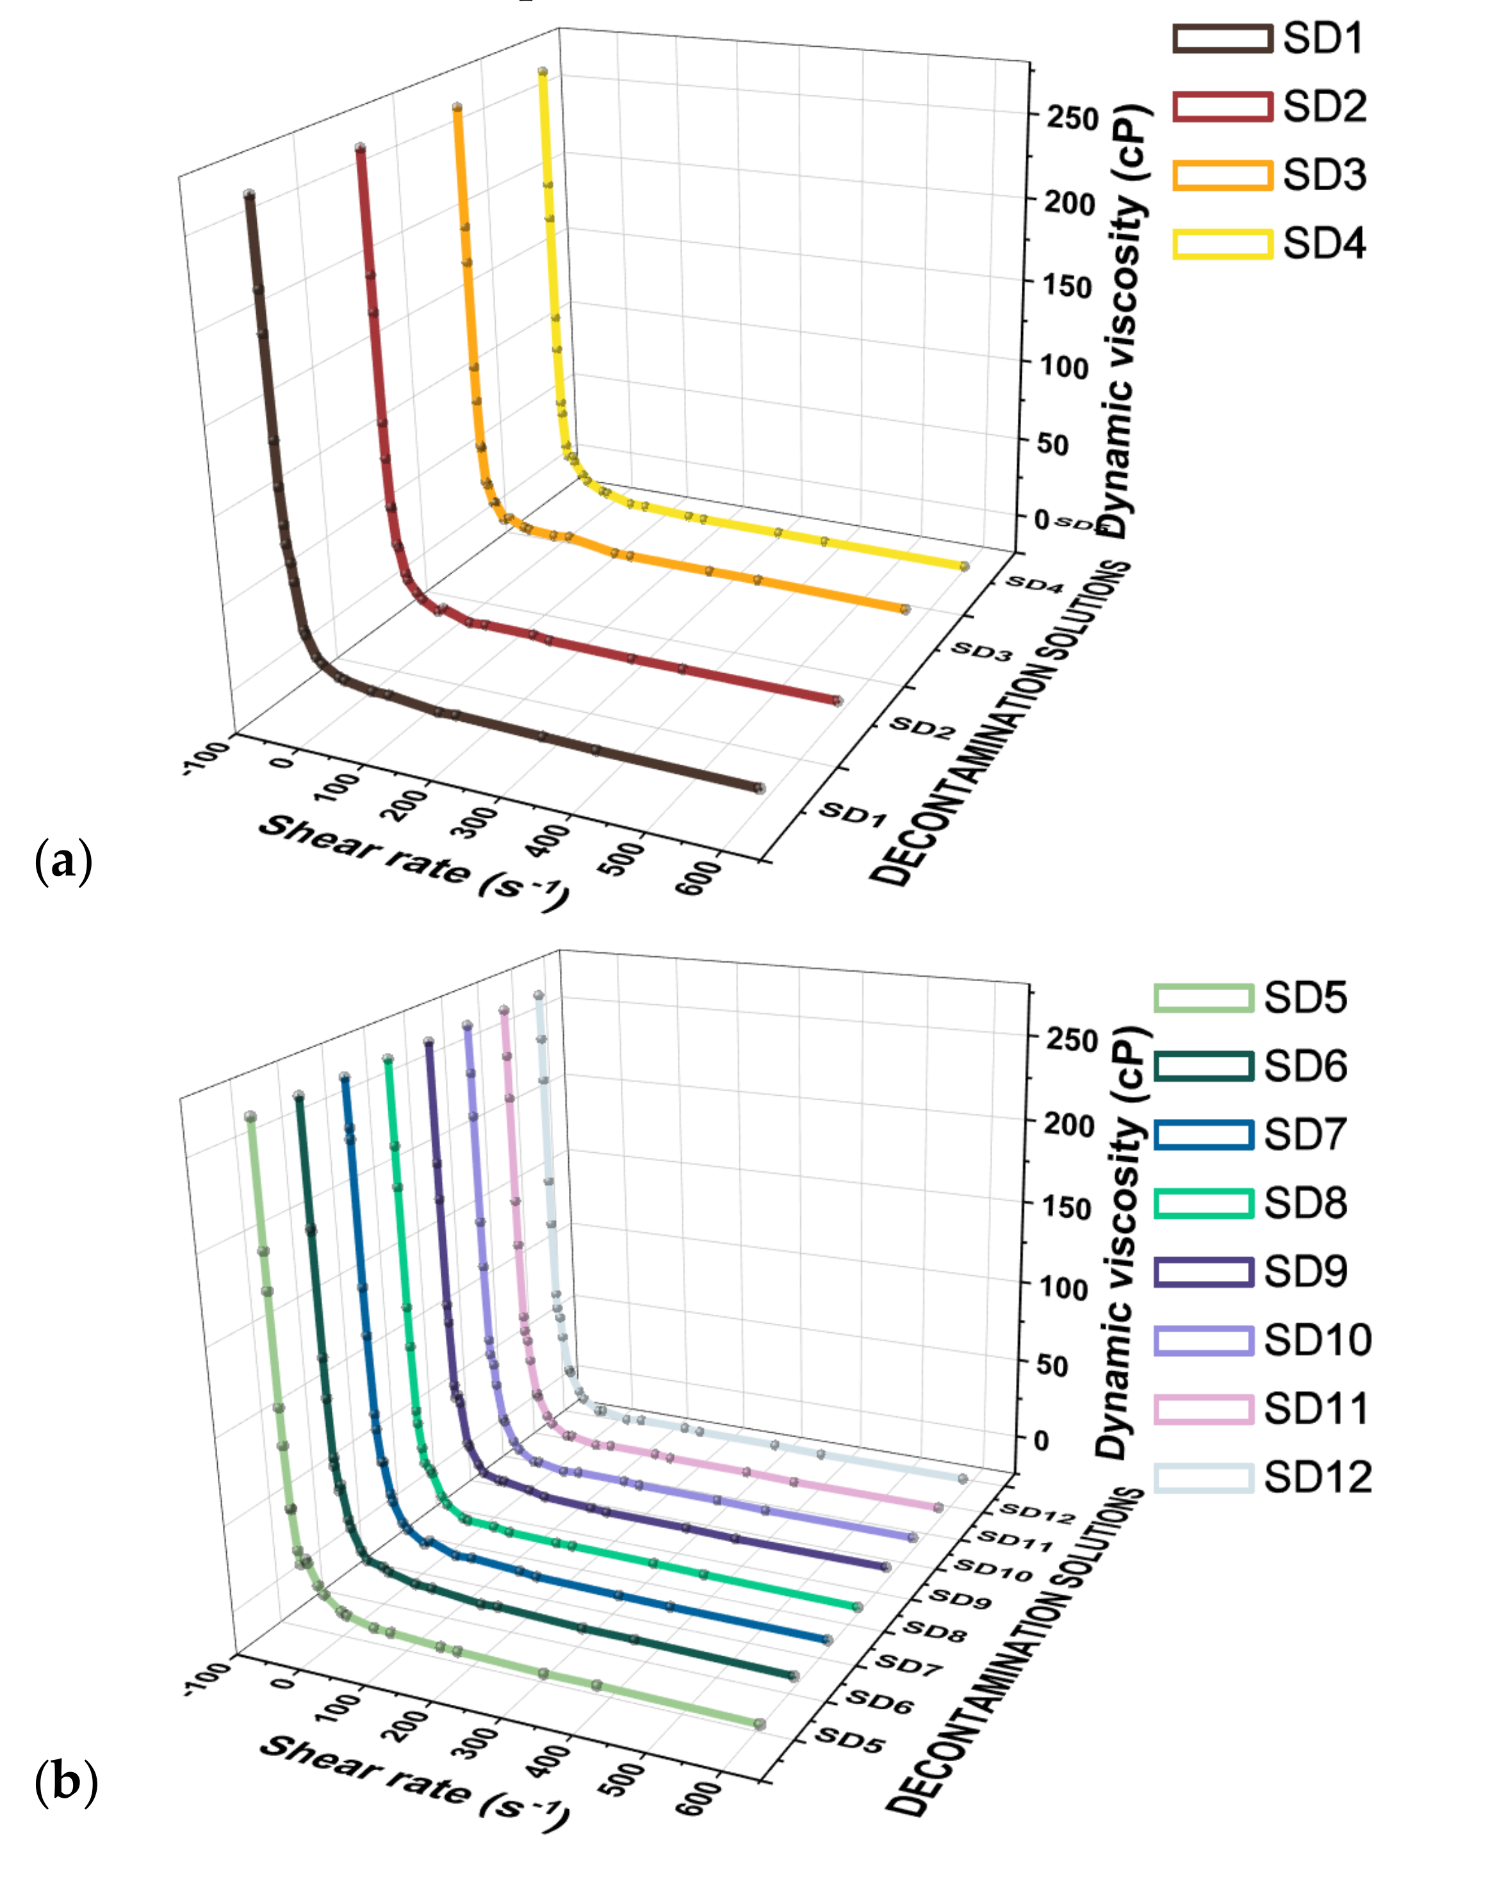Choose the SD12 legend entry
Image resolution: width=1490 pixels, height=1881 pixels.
(x=1263, y=1478)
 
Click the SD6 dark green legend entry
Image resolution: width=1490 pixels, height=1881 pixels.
(x=1249, y=1066)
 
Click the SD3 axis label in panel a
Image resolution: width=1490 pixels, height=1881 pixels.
(x=981, y=651)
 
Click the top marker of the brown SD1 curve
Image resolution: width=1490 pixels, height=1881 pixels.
(x=249, y=195)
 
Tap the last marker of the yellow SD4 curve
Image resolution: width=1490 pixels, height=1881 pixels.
(x=964, y=566)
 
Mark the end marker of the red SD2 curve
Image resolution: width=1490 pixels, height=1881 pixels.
(x=837, y=700)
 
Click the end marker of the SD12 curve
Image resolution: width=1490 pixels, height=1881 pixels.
(x=962, y=1478)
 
